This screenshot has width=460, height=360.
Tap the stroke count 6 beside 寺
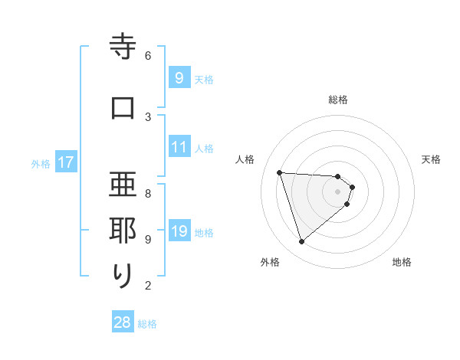point(148,55)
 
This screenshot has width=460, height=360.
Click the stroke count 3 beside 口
point(148,116)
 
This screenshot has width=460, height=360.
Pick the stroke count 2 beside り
point(148,286)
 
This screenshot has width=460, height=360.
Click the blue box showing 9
point(179,77)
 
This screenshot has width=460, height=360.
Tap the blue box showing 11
point(179,147)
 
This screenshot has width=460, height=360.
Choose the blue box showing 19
point(179,231)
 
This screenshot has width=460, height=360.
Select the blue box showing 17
point(65,162)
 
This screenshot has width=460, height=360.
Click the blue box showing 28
point(123,322)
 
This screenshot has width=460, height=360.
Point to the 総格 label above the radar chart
point(338,100)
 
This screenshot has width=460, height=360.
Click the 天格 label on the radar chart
point(431,159)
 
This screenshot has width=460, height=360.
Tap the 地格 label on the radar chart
point(402,262)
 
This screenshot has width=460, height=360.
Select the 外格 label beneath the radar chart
point(270,262)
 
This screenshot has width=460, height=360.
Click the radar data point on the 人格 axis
point(280,172)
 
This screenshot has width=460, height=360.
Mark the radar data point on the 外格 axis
point(301,241)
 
